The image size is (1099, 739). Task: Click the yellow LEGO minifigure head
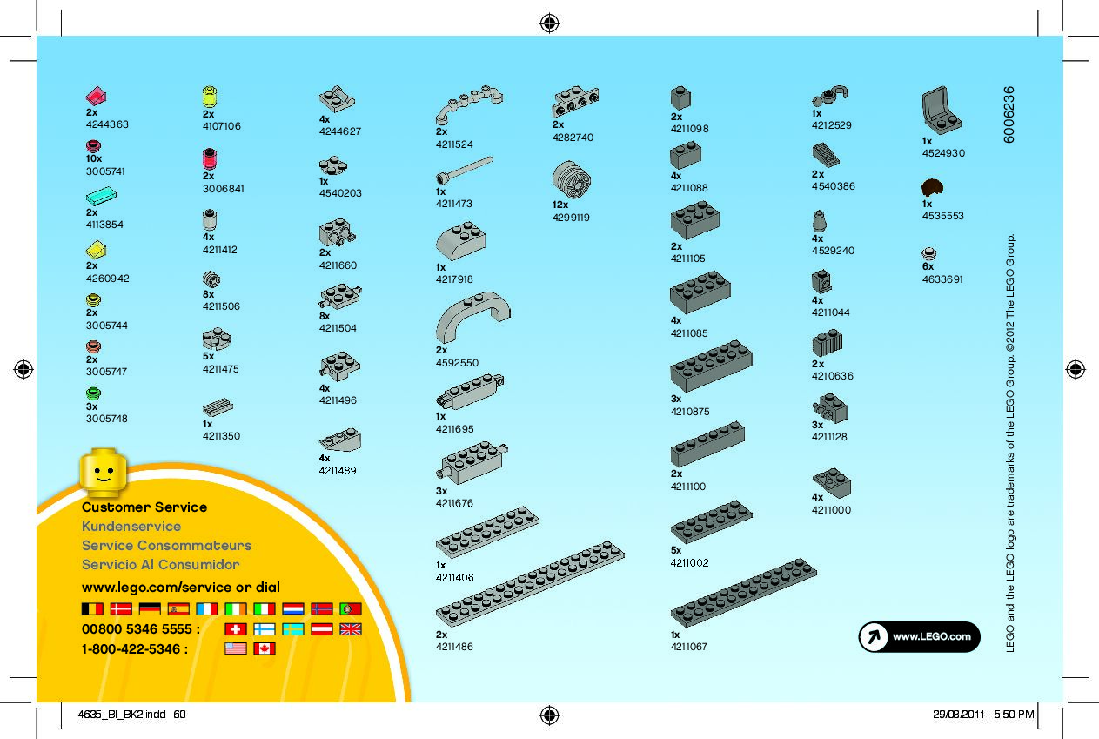(103, 472)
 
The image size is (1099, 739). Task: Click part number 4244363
(106, 124)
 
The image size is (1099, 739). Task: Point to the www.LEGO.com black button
(919, 636)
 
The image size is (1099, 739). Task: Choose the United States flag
(235, 648)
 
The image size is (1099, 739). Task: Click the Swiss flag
(235, 628)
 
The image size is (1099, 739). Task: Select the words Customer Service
(144, 507)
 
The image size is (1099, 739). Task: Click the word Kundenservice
(131, 527)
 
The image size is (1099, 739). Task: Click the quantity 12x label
(560, 205)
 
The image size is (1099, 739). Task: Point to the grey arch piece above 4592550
(472, 317)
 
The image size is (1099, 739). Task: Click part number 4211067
(689, 647)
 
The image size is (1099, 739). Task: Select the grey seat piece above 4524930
(941, 111)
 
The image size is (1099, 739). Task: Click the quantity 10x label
(94, 159)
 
